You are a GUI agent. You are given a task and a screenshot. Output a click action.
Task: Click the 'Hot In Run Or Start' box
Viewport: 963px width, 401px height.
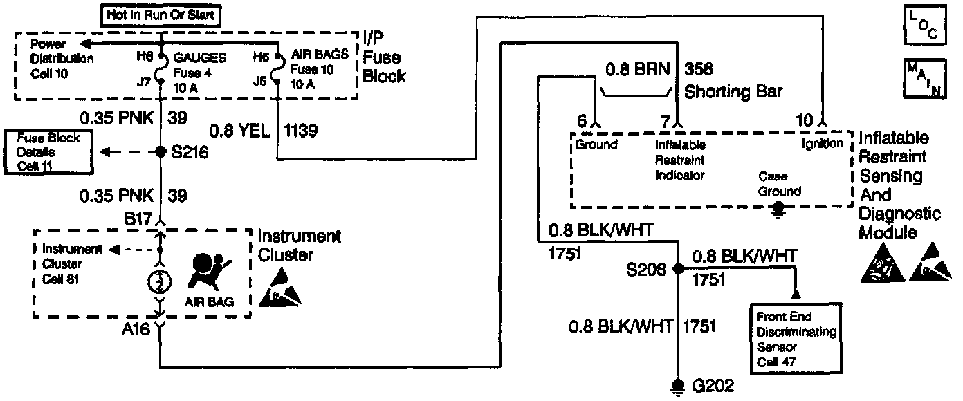tap(160, 14)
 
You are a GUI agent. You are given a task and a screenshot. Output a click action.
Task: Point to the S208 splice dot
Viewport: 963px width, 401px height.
tap(679, 270)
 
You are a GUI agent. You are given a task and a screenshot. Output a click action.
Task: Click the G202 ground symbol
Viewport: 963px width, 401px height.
tap(679, 385)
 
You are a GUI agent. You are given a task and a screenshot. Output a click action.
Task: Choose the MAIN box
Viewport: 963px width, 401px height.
tap(924, 80)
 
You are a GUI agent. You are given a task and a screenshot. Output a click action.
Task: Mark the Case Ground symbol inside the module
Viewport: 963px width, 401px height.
tap(779, 206)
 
